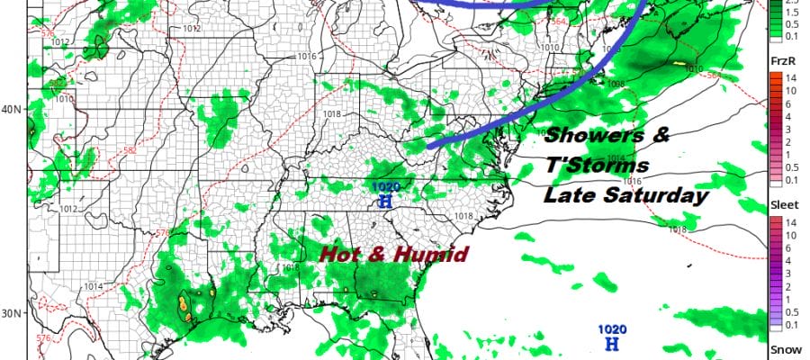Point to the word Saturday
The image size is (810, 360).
pos(665,193)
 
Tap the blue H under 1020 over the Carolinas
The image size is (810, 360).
pos(385,202)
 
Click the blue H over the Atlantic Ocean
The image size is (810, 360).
pos(612,344)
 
